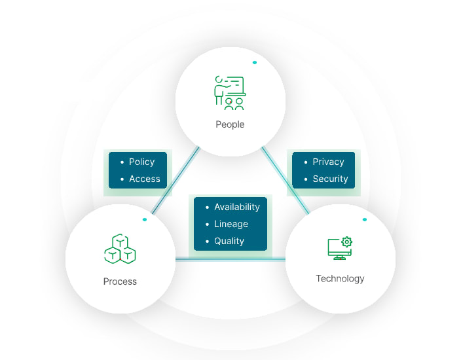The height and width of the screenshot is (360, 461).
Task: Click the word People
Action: pos(230,124)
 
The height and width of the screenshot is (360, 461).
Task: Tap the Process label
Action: pos(120,281)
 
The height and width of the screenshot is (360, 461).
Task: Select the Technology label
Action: pos(340,279)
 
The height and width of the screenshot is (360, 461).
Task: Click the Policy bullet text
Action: pos(141,162)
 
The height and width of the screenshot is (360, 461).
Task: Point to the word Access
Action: pos(145,179)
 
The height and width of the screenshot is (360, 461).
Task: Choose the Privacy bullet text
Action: pos(329,162)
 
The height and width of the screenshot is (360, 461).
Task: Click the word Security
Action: pos(331,179)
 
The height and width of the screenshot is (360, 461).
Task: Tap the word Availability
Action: pos(237,207)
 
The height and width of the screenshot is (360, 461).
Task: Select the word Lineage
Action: pos(231,224)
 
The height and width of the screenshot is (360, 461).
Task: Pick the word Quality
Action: pos(229,241)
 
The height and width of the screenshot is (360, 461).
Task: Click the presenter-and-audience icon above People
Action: pos(230,93)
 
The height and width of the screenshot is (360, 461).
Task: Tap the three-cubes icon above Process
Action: pos(120,249)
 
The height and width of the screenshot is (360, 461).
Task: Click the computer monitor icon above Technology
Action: pos(340,249)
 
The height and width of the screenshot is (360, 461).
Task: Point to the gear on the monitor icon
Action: pos(347,242)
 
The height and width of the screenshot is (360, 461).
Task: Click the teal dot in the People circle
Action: pos(255,62)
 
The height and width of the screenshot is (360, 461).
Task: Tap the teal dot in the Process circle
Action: pos(144,219)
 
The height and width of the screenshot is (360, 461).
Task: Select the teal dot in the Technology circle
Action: pos(365,219)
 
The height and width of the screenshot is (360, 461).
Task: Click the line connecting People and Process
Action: pos(175,180)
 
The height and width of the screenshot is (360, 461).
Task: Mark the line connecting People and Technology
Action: pos(286,180)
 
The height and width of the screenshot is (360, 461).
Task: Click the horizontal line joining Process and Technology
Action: pos(230,259)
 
